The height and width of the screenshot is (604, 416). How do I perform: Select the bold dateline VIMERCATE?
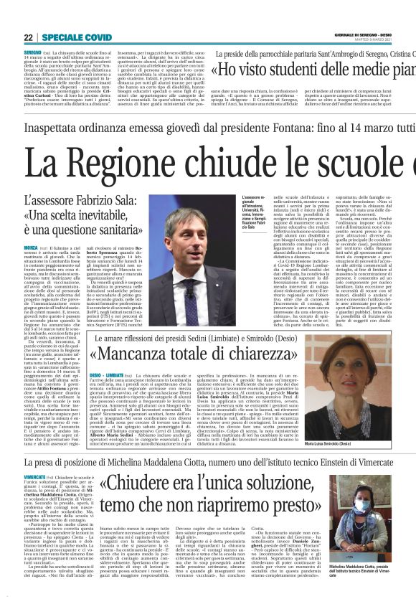click(37, 454)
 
